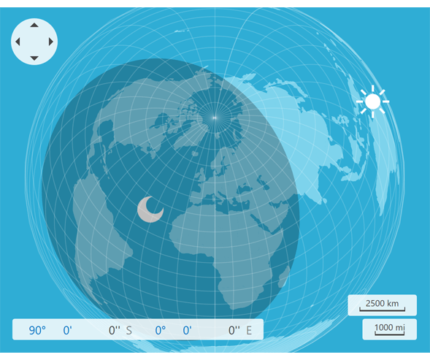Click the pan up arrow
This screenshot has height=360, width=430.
coord(34,26)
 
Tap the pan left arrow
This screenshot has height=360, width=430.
coord(18,42)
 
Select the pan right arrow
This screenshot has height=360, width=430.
coord(50,42)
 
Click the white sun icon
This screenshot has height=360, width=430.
coord(372,102)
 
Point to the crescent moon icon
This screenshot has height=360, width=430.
coord(150,210)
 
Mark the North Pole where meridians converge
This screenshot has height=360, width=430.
coord(215,116)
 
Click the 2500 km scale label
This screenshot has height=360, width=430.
coord(382,303)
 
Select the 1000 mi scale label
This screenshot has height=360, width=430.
coord(389,327)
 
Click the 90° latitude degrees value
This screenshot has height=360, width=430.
coord(37,330)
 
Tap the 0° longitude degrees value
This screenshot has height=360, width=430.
coord(160,330)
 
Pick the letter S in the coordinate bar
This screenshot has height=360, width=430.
coord(129,330)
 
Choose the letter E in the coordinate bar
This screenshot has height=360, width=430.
coord(249,330)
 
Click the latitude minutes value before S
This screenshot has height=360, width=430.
coord(68,330)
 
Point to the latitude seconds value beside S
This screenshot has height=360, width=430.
coord(114,330)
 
